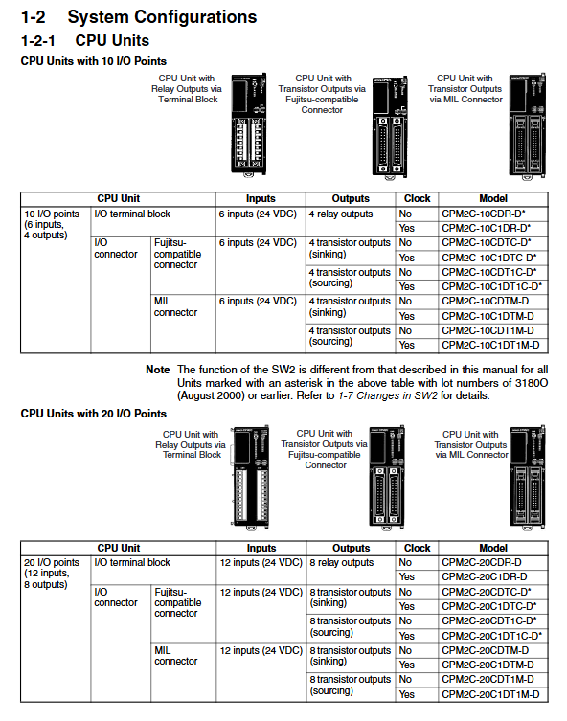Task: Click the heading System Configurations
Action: [x=162, y=17]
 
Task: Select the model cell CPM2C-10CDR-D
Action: [x=484, y=214]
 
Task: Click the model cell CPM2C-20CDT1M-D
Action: [x=488, y=679]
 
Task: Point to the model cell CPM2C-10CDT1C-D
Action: [x=488, y=272]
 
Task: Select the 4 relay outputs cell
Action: [x=341, y=214]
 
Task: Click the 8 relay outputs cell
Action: [x=341, y=562]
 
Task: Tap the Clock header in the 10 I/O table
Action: [x=417, y=198]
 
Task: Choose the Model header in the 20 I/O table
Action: [x=493, y=548]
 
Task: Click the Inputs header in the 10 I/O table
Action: [x=261, y=198]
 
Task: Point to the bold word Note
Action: [x=158, y=370]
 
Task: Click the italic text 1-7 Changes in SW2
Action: [x=387, y=395]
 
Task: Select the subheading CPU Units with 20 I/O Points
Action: [x=93, y=414]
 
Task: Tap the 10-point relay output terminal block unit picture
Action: [x=249, y=124]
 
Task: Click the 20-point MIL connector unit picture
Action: [x=529, y=477]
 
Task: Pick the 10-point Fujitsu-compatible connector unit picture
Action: [x=390, y=127]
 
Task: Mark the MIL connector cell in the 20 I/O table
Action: [x=175, y=656]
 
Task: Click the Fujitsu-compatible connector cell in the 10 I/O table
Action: [x=177, y=254]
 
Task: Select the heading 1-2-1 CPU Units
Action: [x=85, y=40]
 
